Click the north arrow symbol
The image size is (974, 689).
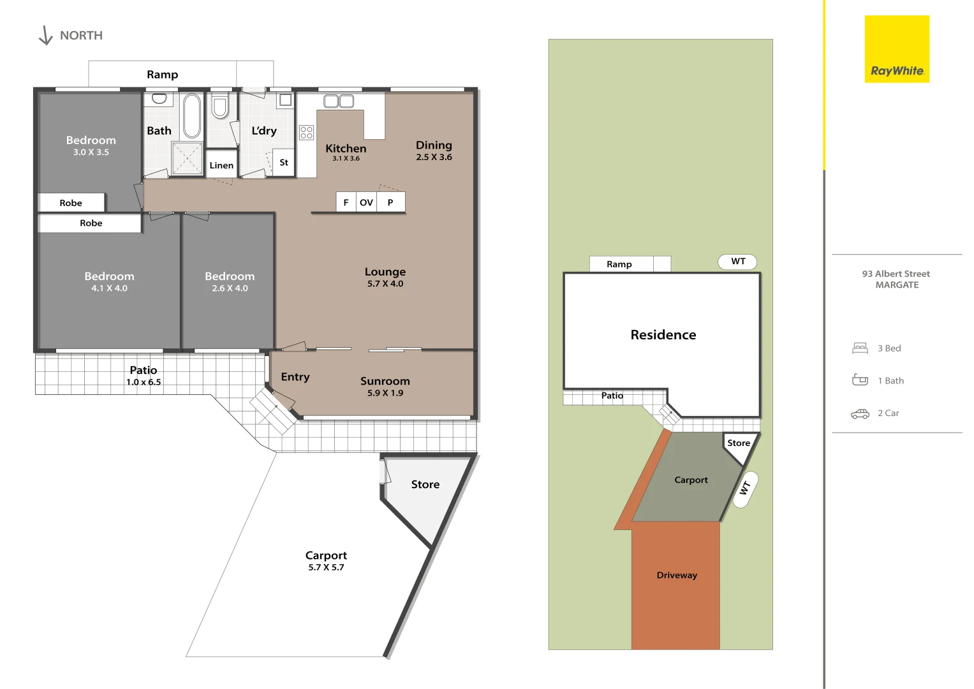coord(45,36)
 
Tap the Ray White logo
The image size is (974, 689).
coord(897,49)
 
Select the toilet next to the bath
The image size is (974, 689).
coord(220,106)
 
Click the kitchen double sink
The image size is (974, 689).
coord(339,101)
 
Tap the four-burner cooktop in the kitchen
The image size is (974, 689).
coord(307,133)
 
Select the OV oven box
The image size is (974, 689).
coord(366,202)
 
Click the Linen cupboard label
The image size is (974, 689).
coord(221,165)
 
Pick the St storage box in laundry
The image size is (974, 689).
coord(284,163)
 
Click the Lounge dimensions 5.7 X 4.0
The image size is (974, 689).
coord(385,284)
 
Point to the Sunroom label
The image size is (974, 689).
coord(385,381)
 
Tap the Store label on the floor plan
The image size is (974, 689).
coord(425,484)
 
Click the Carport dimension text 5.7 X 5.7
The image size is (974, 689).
coord(326,567)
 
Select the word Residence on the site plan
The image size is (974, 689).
coord(663,335)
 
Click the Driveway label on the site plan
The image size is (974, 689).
coord(677,575)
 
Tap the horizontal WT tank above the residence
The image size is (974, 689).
coord(738,262)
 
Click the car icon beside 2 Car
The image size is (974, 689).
coord(860,413)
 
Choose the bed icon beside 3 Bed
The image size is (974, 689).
coord(860,348)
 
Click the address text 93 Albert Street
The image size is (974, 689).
coord(896,274)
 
